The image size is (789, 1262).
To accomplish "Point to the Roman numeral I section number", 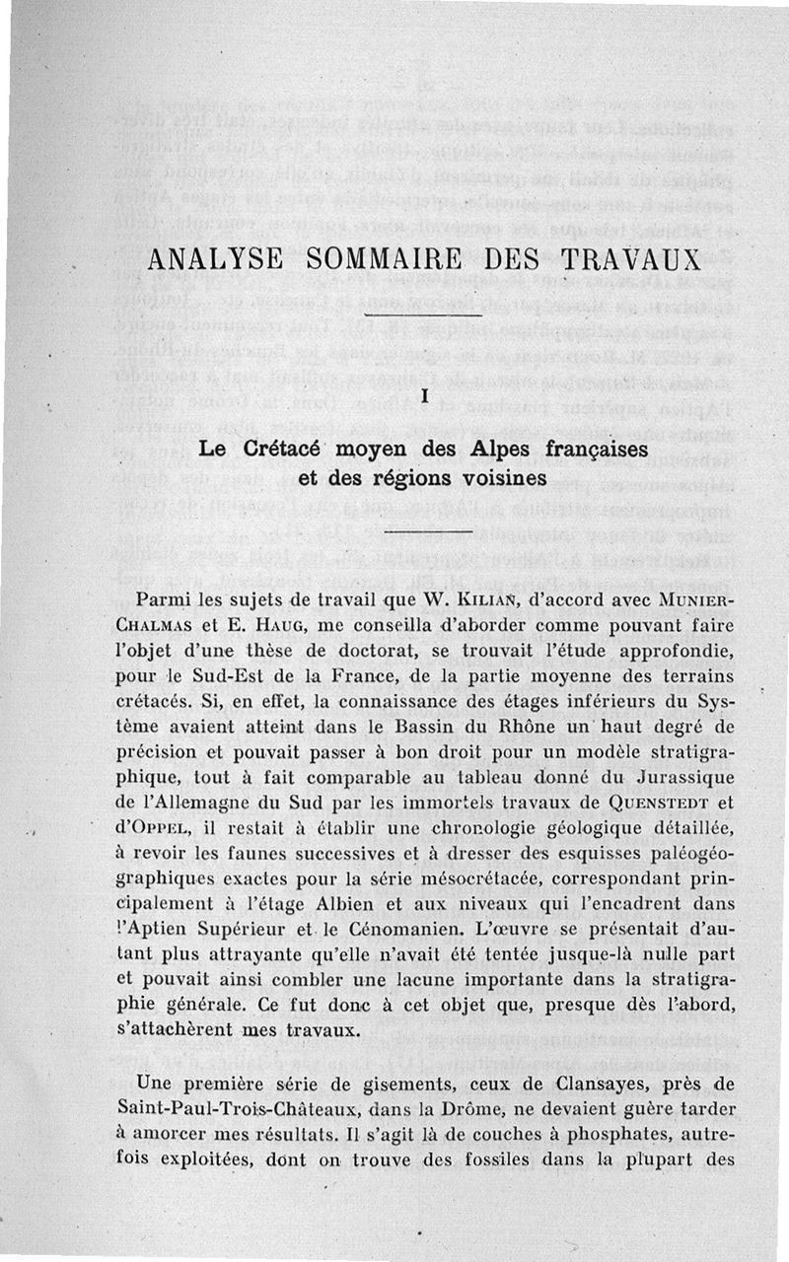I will (422, 395).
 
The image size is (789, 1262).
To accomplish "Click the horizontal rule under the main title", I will (422, 315).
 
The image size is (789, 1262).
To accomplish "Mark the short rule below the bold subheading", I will (422, 532).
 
